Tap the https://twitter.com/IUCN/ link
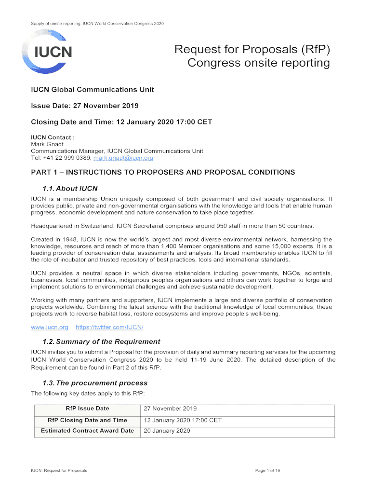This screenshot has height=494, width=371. tap(110, 328)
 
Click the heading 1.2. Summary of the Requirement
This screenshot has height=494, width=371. tap(94, 342)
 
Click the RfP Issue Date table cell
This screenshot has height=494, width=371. tap(87, 409)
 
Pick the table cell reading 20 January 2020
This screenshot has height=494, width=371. tap(167, 431)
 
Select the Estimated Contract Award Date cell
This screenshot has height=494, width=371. tap(87, 431)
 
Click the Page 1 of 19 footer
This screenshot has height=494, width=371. tap(267, 470)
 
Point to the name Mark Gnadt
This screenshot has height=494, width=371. tap(45, 144)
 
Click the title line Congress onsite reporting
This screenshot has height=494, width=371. tap(259, 63)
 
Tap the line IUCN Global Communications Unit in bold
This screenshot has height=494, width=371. tap(93, 89)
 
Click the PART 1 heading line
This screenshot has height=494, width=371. tap(163, 172)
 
